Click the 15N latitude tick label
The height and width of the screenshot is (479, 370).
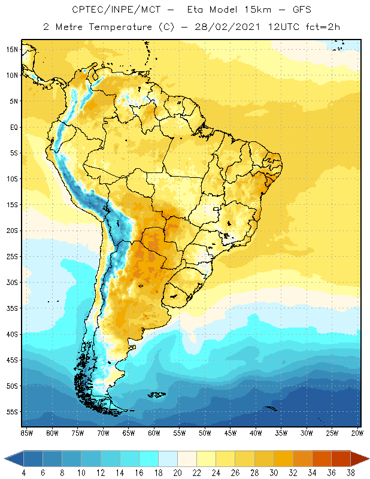click(x=11, y=49)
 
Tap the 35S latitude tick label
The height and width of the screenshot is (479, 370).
click(x=11, y=308)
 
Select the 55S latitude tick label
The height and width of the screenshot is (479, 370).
click(x=11, y=412)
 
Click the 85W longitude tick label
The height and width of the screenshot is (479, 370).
click(x=27, y=432)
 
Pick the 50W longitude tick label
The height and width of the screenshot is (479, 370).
click(x=205, y=432)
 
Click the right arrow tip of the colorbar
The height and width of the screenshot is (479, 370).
click(x=368, y=458)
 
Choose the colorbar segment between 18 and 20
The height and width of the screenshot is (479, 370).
click(x=168, y=458)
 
